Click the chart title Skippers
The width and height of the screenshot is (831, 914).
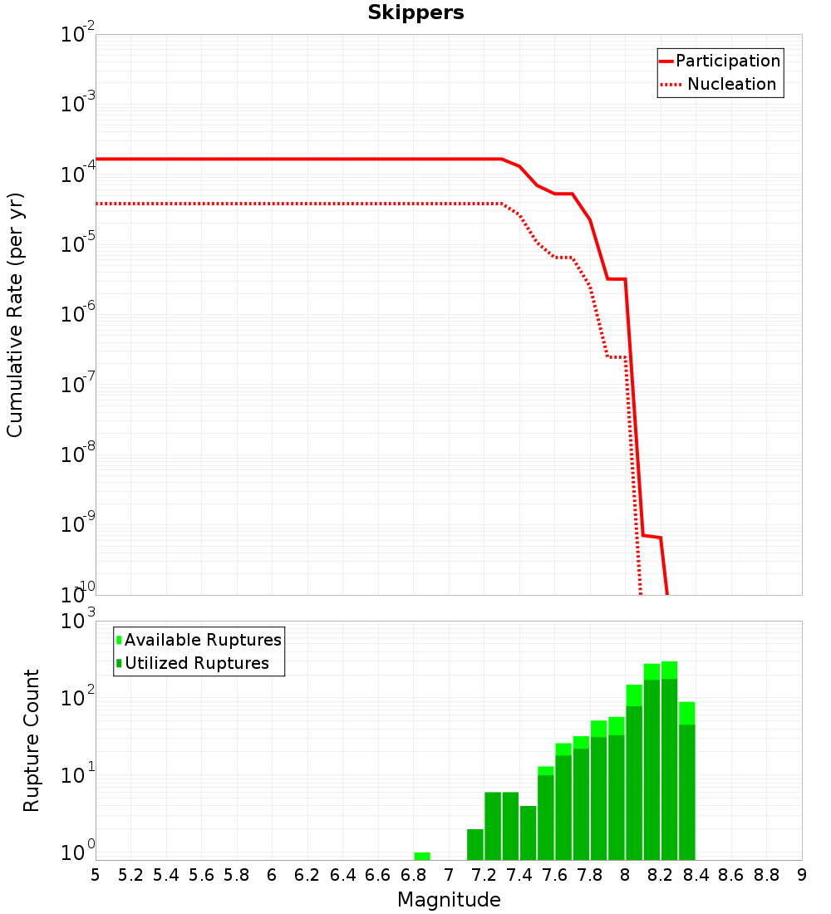pyautogui.click(x=415, y=12)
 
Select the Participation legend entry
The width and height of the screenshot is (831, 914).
pyautogui.click(x=720, y=61)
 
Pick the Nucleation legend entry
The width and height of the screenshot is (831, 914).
pyautogui.click(x=719, y=84)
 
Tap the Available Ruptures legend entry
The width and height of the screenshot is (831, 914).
pyautogui.click(x=199, y=640)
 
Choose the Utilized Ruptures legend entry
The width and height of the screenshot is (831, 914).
pyautogui.click(x=193, y=663)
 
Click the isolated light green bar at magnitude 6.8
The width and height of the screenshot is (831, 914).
pyautogui.click(x=422, y=857)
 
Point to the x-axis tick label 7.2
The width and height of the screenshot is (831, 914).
pyautogui.click(x=484, y=875)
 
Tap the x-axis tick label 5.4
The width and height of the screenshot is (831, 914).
pyautogui.click(x=166, y=875)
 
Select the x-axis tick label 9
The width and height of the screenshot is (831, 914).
pyautogui.click(x=802, y=875)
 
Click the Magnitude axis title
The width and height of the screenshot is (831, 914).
pyautogui.click(x=449, y=899)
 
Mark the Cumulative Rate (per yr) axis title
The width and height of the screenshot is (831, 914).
pyautogui.click(x=15, y=315)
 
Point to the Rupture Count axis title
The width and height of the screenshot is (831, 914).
pyautogui.click(x=31, y=740)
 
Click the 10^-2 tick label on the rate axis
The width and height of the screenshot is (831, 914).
pyautogui.click(x=77, y=32)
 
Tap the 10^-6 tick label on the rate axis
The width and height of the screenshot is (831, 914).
pyautogui.click(x=77, y=312)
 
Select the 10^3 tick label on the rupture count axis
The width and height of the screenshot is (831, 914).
pyautogui.click(x=77, y=619)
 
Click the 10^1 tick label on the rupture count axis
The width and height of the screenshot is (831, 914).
pyautogui.click(x=77, y=774)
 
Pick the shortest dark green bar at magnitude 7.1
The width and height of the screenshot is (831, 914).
pyautogui.click(x=475, y=845)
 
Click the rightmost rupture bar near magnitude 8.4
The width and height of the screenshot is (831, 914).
pyautogui.click(x=687, y=781)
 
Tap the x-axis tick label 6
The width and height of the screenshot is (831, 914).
pyautogui.click(x=272, y=875)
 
